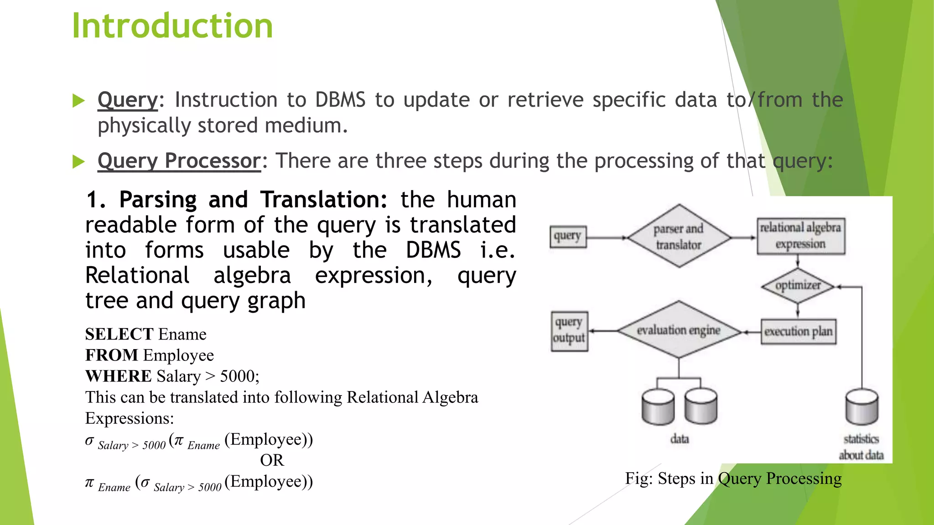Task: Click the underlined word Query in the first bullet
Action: [128, 100]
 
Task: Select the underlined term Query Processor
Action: [179, 161]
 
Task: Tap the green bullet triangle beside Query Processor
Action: [78, 161]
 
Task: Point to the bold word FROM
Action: [112, 355]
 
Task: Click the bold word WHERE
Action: [119, 376]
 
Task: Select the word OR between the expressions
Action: [272, 460]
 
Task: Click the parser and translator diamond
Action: [679, 237]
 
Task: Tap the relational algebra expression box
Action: [800, 236]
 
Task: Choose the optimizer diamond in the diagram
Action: [798, 286]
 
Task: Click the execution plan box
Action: [798, 331]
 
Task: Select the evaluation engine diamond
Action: [678, 330]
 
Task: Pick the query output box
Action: [569, 330]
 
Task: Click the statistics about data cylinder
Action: [861, 407]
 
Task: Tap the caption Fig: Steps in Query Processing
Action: [733, 479]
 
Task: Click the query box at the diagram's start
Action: [567, 237]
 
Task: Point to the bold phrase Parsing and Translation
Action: [253, 200]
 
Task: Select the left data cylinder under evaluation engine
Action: [658, 407]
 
